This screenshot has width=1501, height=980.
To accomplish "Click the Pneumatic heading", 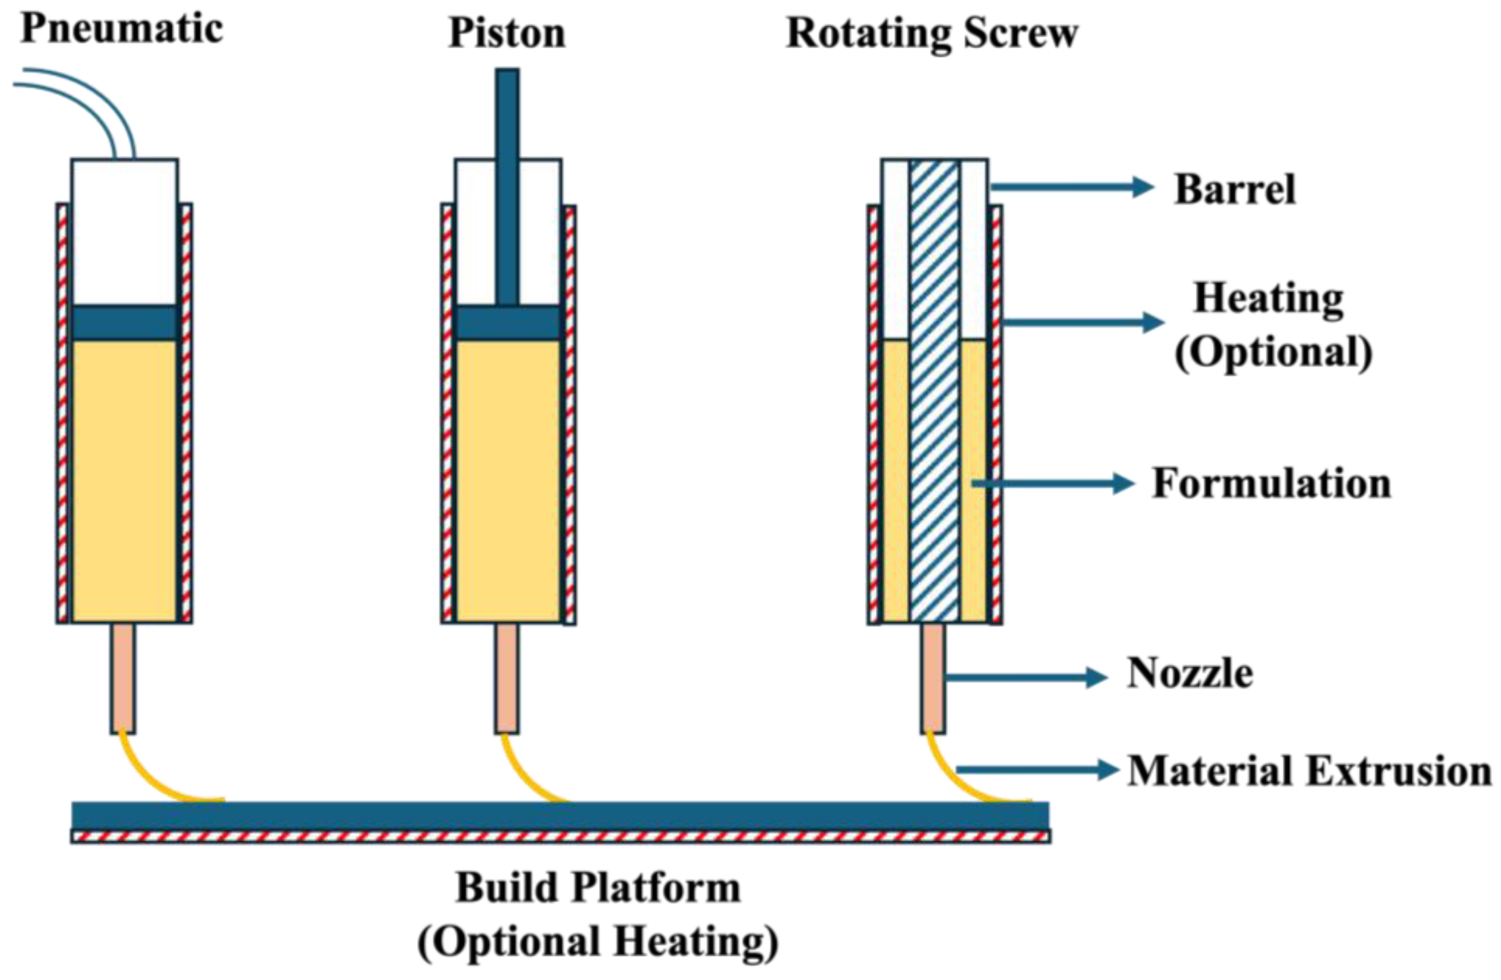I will point(122,30).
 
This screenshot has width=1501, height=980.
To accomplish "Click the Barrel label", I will point(1234,189).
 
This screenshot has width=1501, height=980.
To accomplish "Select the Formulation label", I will point(1271,484).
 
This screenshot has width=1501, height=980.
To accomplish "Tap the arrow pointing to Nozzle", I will point(1025,678).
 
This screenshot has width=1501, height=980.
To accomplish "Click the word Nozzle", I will point(1189,673).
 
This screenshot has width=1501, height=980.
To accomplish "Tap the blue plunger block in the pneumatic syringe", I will point(124,323).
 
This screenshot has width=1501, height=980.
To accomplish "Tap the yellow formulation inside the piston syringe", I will point(507,480).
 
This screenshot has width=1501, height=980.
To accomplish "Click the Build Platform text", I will point(597,888).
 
